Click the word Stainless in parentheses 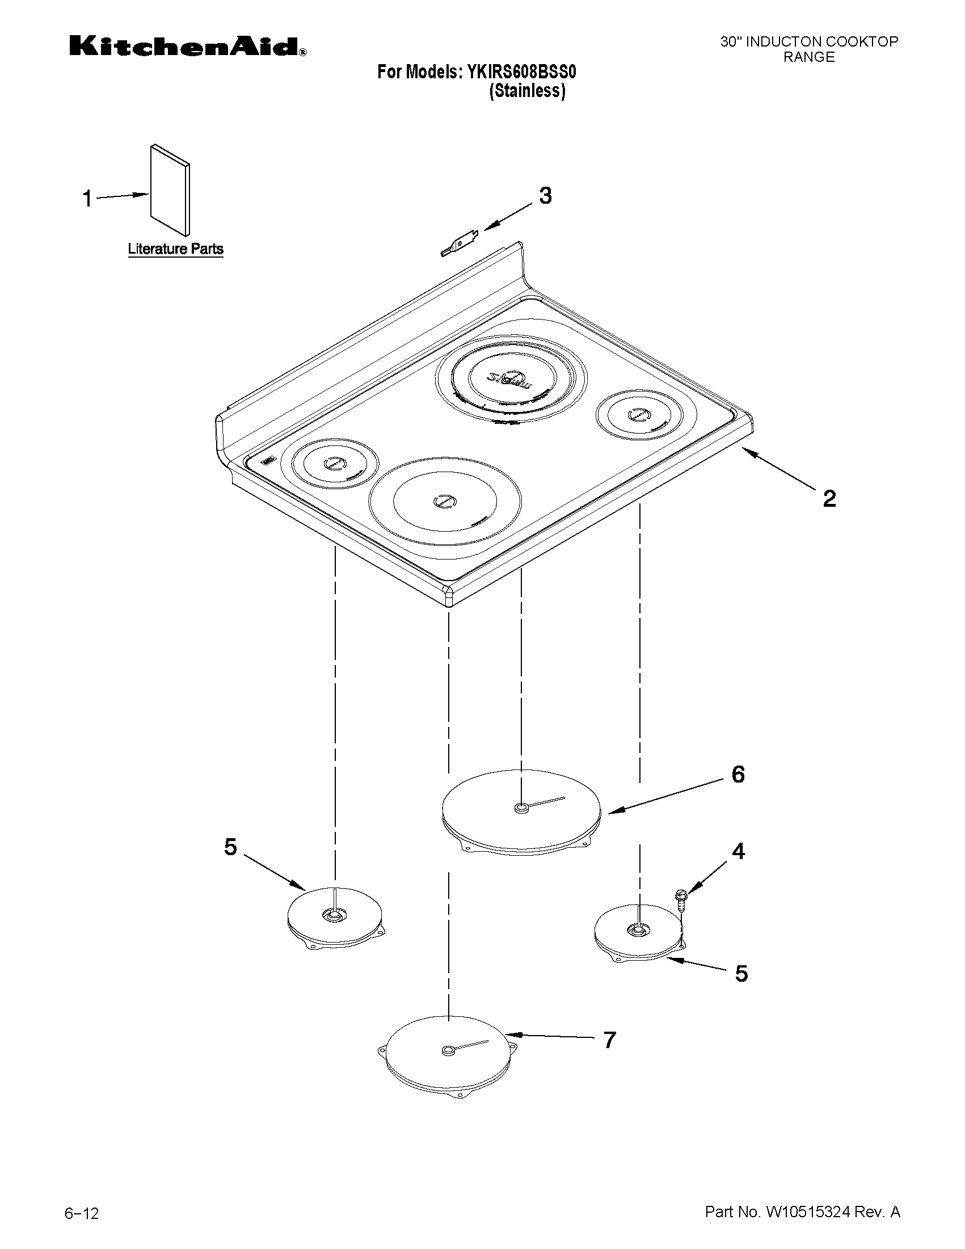[x=527, y=91]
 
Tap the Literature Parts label [x=175, y=249]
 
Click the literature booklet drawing [x=170, y=190]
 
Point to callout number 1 [x=87, y=199]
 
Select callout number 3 [x=545, y=196]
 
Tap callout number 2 [x=829, y=498]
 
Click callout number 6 [x=738, y=775]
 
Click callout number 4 [x=738, y=868]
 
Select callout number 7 [x=610, y=1040]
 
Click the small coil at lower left [x=335, y=918]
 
